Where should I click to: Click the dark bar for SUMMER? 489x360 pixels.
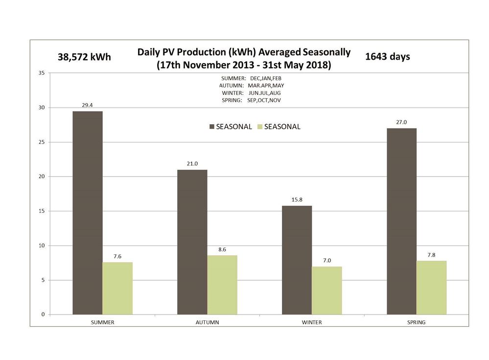(88, 213)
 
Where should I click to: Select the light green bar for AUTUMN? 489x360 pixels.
(222, 285)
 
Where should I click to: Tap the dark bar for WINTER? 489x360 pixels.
(297, 260)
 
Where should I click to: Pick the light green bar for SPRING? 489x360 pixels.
(431, 288)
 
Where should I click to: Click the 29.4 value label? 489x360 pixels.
(88, 105)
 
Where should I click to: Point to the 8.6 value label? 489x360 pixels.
(222, 249)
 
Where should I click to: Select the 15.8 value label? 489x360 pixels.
(297, 199)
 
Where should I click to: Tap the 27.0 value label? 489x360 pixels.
(401, 122)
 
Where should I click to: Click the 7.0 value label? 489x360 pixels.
(326, 260)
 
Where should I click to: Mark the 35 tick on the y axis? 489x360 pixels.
(41, 73)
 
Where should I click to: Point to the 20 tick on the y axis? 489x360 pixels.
(41, 177)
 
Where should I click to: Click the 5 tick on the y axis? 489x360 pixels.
(43, 280)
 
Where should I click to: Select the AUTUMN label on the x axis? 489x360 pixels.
(207, 322)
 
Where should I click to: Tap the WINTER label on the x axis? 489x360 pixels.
(312, 322)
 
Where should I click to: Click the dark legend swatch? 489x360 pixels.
(211, 127)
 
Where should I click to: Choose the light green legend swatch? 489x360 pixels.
(260, 127)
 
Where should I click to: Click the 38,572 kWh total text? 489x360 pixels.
(84, 57)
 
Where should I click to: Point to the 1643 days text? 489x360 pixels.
(388, 56)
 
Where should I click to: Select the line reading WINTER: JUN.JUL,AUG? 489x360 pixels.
(251, 93)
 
